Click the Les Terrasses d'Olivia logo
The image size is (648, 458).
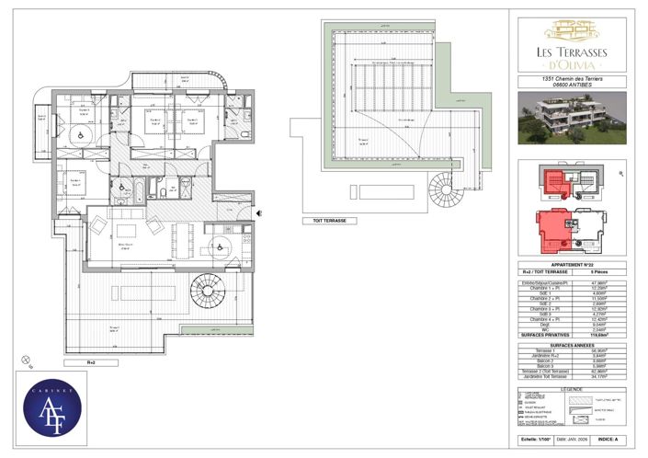pyautogui.click(x=571, y=45)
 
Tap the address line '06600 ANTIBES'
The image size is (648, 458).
pyautogui.click(x=571, y=87)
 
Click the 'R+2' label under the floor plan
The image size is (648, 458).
pyautogui.click(x=91, y=363)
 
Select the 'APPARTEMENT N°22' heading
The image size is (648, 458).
pyautogui.click(x=571, y=265)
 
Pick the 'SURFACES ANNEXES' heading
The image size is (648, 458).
pyautogui.click(x=571, y=345)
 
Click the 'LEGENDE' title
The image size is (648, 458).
pyautogui.click(x=571, y=389)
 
